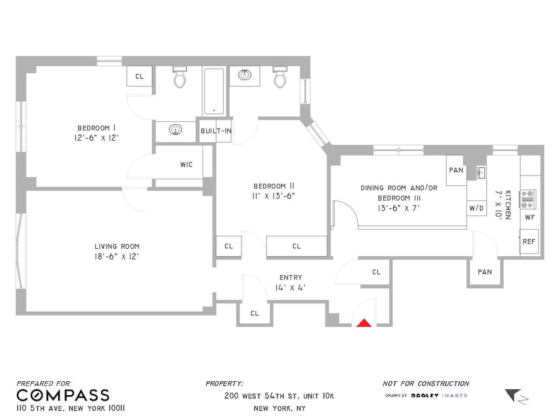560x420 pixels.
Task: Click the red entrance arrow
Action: [x=364, y=323]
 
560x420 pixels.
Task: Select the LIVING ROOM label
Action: [x=117, y=246]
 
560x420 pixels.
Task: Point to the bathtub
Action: [x=214, y=91]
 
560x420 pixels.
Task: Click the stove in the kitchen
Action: [x=528, y=199]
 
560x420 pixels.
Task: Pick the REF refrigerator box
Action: [x=529, y=241]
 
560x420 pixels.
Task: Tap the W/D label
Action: [x=476, y=208]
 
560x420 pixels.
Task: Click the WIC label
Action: [x=186, y=164]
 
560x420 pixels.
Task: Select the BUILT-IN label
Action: [x=216, y=131]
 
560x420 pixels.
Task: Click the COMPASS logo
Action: [x=63, y=395]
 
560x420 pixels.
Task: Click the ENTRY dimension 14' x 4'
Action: [x=290, y=287]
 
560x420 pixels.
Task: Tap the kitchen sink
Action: [x=481, y=173]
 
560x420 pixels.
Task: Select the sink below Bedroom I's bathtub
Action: [x=175, y=129]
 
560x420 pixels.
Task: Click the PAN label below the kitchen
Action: [x=485, y=272]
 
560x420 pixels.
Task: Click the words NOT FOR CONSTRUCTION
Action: [x=426, y=384]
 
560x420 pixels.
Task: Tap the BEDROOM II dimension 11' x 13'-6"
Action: [x=273, y=196]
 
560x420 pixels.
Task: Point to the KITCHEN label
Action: [x=508, y=205]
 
